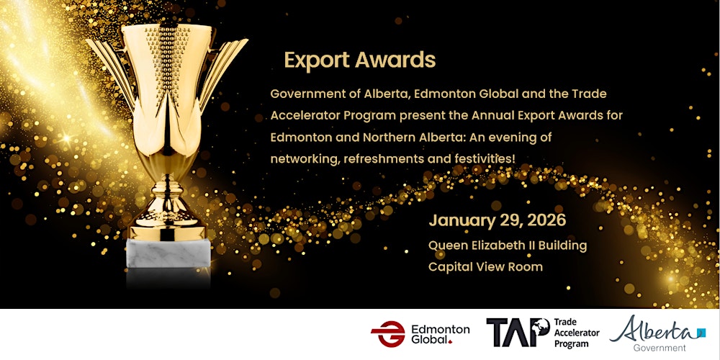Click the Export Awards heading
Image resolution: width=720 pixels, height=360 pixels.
point(359,60)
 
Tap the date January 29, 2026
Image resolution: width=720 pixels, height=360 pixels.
point(496,220)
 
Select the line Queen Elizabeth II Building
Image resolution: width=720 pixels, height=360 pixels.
point(507,246)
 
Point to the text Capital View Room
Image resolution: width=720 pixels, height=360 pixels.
point(485,266)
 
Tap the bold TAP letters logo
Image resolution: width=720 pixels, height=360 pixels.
point(516,333)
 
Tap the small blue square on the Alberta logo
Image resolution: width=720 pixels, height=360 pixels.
point(701,333)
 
